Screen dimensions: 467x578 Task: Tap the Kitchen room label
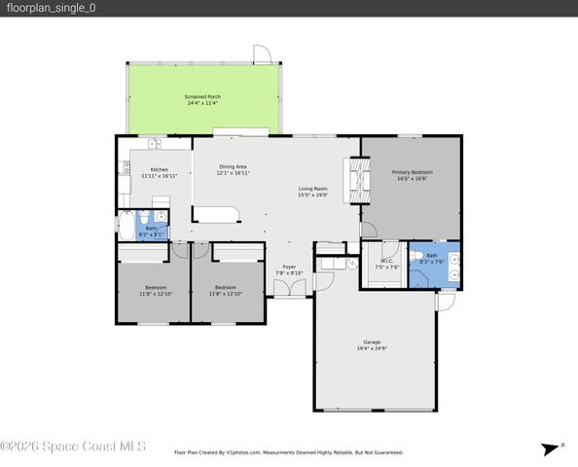(159, 169)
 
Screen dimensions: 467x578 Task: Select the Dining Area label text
(233, 166)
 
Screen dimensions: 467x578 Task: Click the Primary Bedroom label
(412, 172)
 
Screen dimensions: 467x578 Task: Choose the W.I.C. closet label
(386, 260)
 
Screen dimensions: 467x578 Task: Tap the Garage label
(372, 342)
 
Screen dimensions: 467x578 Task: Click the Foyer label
(289, 267)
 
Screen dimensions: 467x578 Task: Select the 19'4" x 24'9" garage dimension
(372, 349)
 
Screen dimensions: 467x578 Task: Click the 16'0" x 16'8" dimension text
(412, 179)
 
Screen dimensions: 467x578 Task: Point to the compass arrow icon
(547, 449)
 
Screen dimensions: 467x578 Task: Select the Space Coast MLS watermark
(73, 447)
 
